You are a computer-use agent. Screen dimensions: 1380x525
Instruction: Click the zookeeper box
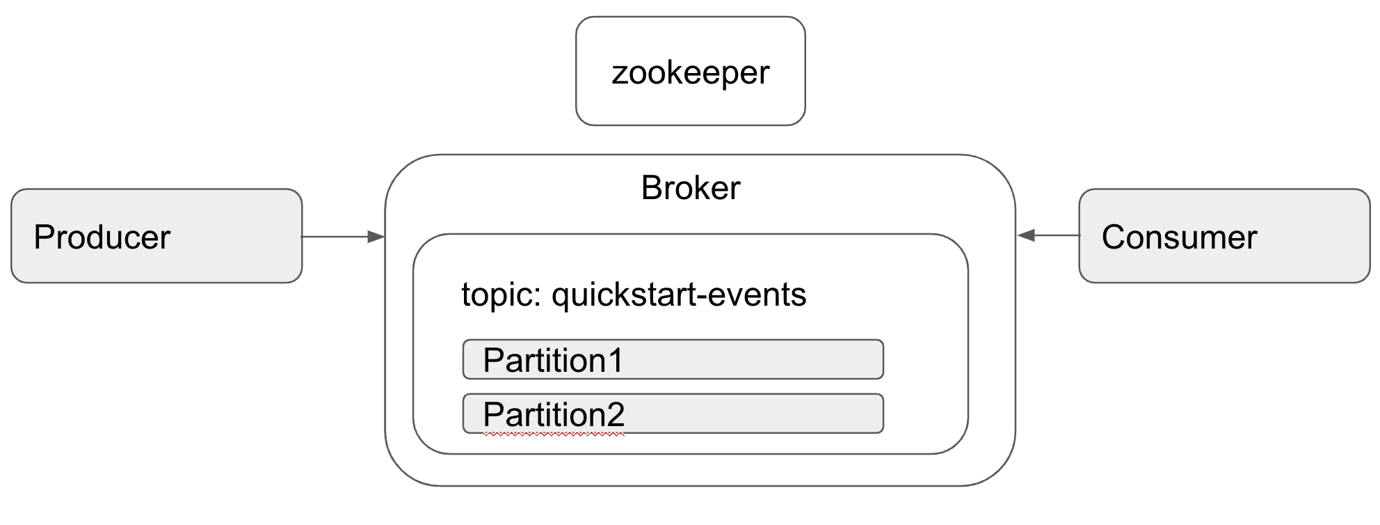point(691,71)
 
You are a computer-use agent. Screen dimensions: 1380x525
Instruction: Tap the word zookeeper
point(691,72)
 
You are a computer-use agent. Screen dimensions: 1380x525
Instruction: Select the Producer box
point(157,235)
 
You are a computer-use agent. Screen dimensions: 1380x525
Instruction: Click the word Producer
point(102,237)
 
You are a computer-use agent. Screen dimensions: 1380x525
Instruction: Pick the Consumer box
point(1224,235)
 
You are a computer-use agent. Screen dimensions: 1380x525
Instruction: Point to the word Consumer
point(1179,237)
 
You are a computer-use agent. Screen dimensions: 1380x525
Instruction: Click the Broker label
point(691,188)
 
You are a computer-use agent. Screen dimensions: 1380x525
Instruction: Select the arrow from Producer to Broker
point(343,237)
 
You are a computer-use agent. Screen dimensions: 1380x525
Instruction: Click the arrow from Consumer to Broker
point(1048,235)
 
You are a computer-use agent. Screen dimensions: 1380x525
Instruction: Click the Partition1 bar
point(673,359)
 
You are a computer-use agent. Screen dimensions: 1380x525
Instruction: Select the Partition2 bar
point(673,414)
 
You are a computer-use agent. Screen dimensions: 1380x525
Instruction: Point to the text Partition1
point(553,360)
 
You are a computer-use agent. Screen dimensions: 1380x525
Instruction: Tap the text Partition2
point(554,414)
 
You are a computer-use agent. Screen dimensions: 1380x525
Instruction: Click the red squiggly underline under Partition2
point(554,434)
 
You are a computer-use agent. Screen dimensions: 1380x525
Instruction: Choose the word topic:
point(502,295)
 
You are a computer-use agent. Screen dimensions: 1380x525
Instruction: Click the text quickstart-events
point(679,295)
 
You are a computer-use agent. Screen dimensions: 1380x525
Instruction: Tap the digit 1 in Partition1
point(615,360)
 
